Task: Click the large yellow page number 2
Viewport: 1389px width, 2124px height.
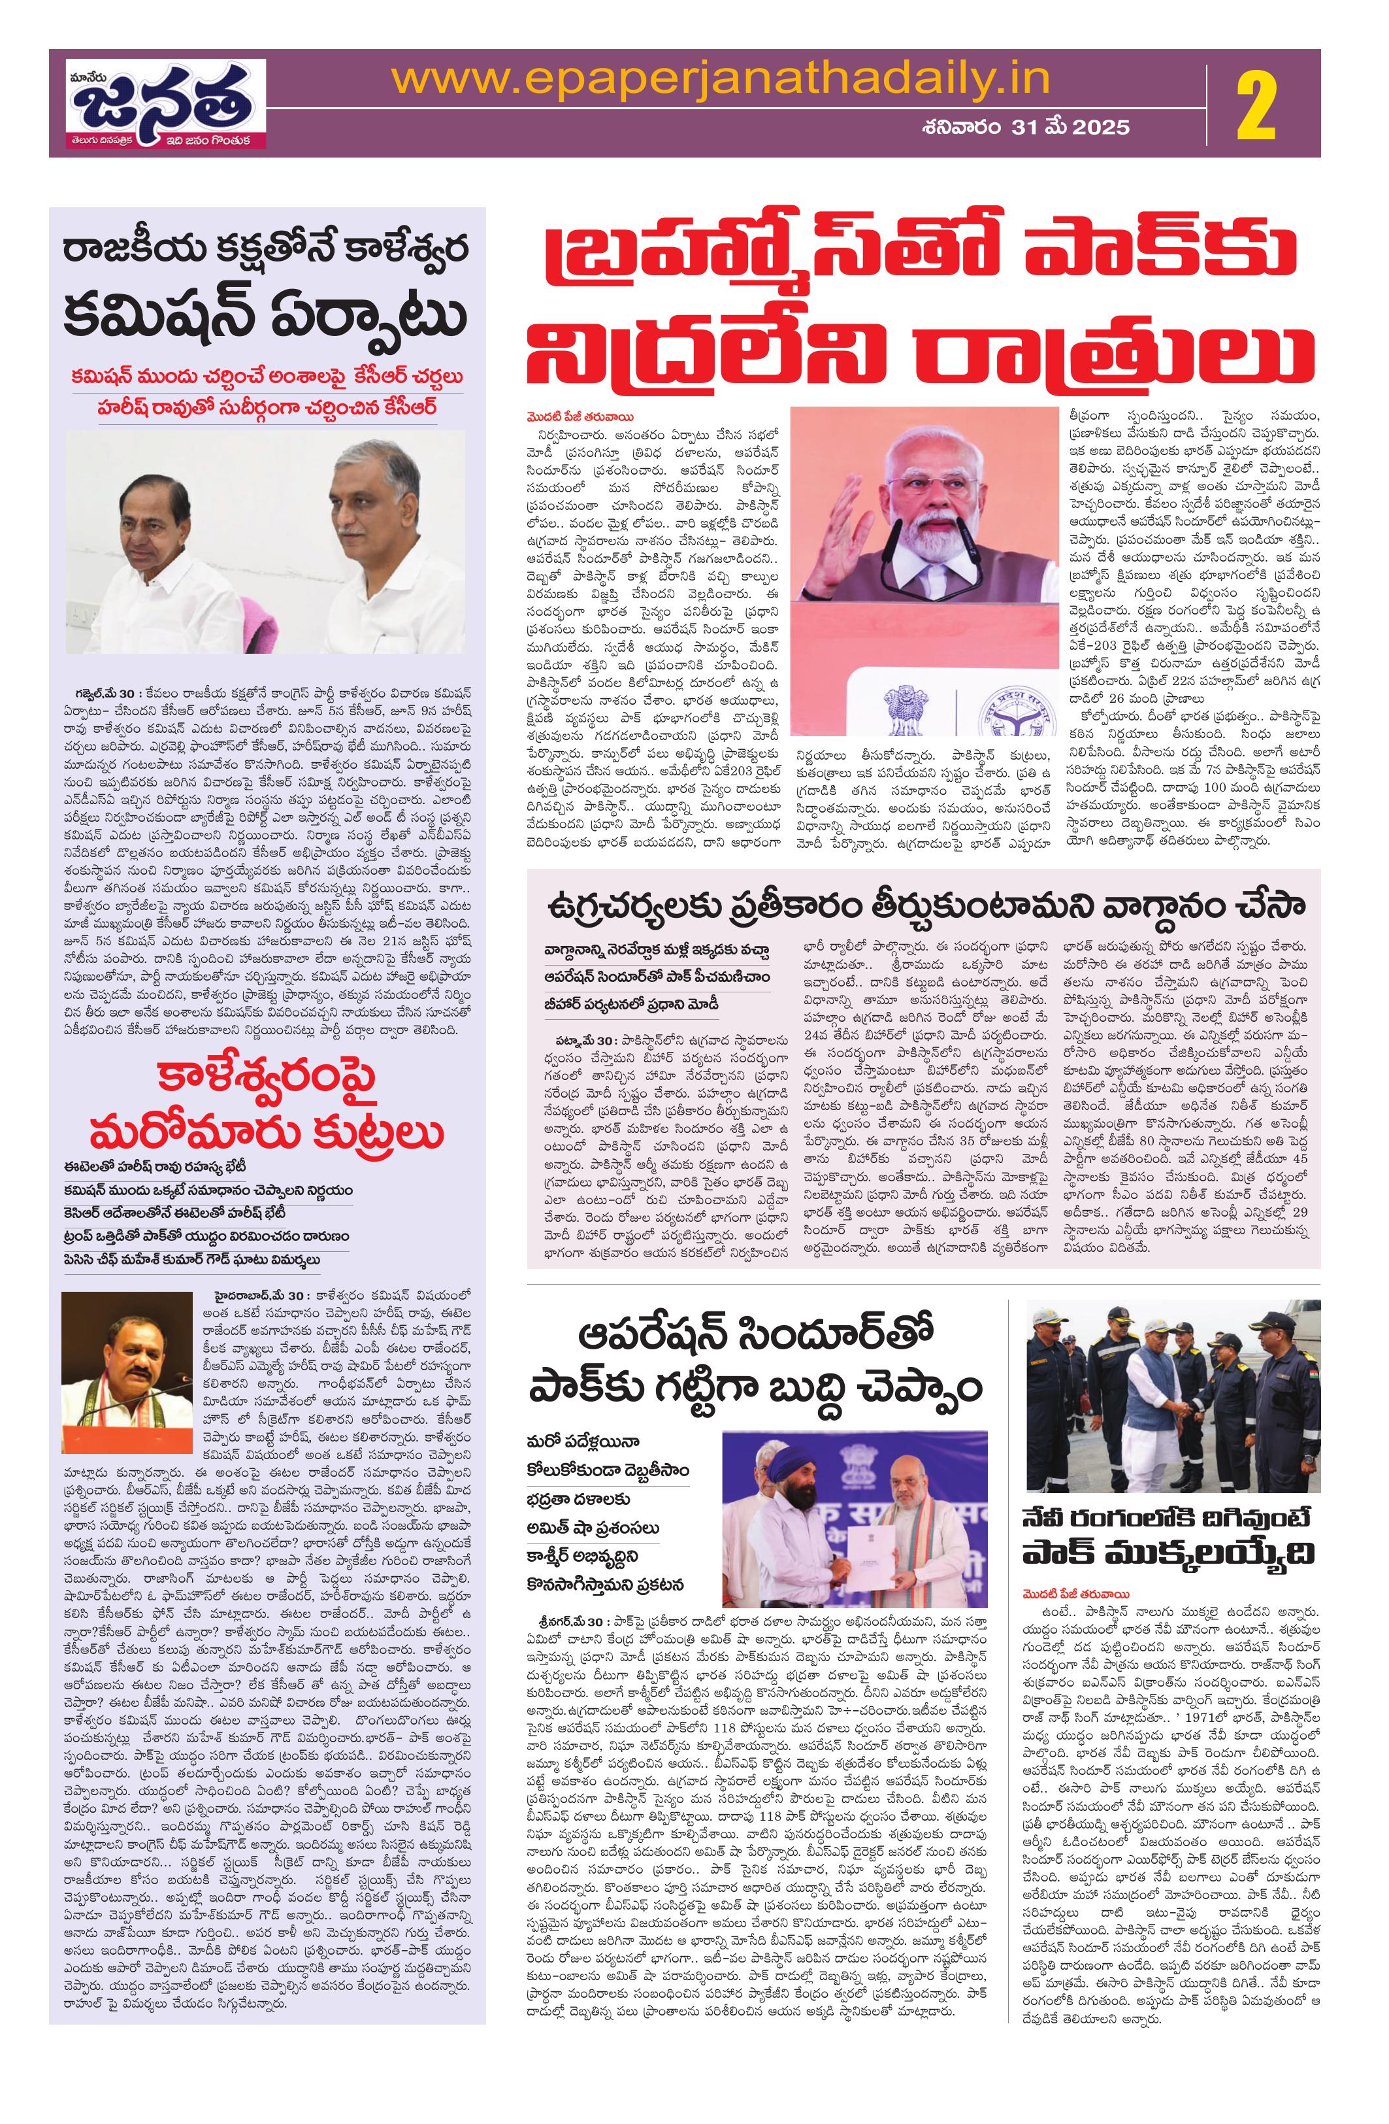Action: tap(1256, 105)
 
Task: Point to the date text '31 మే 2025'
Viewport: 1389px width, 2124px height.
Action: tap(1071, 127)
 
